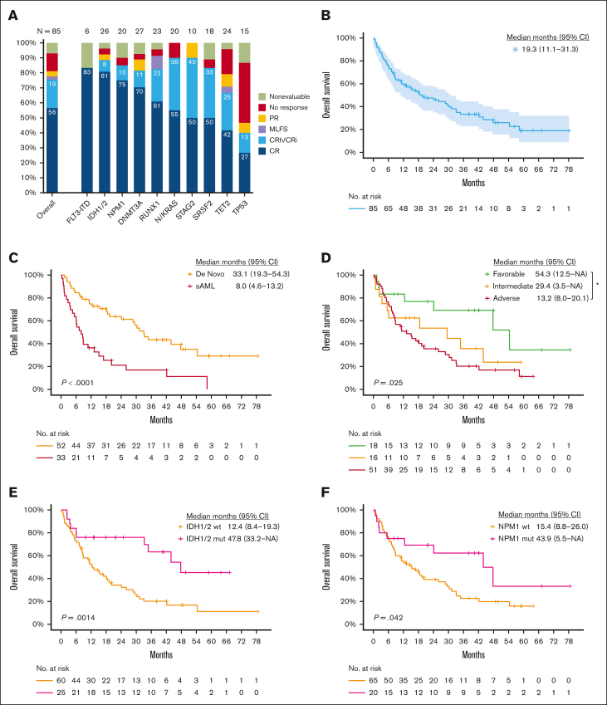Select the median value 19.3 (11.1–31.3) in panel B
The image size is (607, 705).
click(x=556, y=50)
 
